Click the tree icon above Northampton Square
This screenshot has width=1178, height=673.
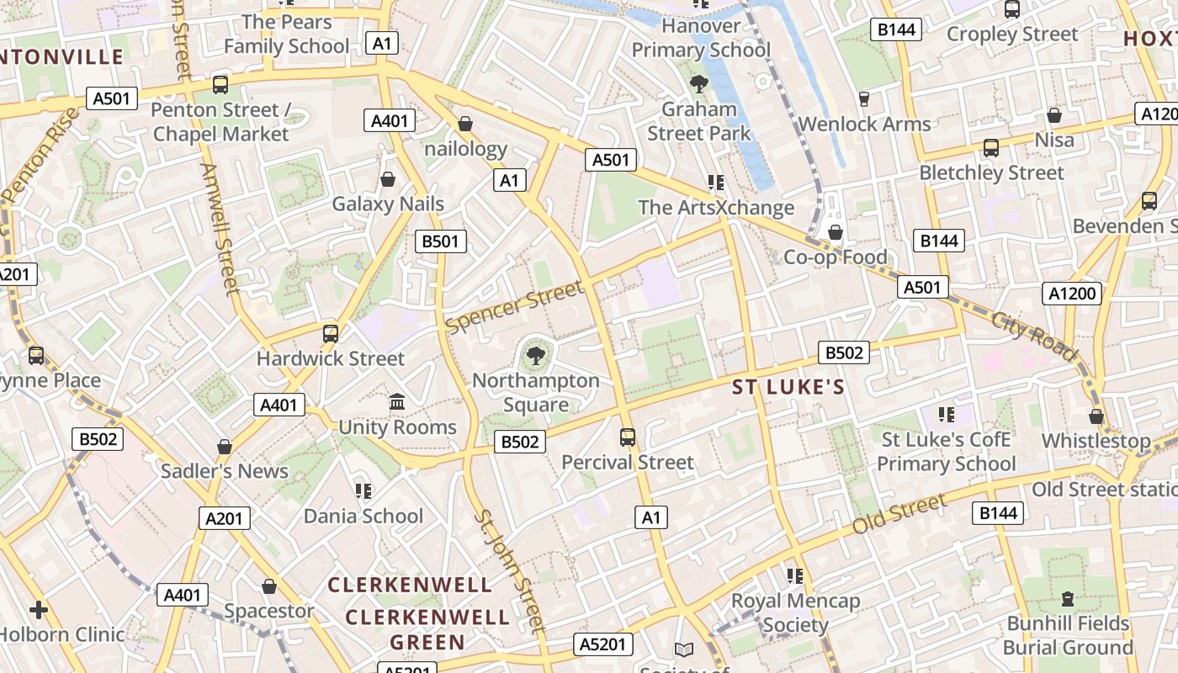[x=535, y=357]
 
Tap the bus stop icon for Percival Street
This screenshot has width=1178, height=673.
[x=628, y=437]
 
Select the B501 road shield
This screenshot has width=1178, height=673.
[x=441, y=241]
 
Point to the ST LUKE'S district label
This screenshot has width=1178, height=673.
[x=788, y=387]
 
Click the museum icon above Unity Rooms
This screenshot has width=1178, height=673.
[x=397, y=402]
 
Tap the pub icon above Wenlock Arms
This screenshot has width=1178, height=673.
[x=863, y=99]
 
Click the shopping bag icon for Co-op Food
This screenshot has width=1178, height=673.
[x=836, y=232]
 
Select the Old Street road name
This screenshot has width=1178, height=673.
[x=899, y=514]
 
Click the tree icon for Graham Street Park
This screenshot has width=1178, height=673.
[x=698, y=83]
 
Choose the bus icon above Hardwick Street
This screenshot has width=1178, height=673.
[x=331, y=333]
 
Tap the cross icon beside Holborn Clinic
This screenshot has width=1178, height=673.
[x=38, y=610]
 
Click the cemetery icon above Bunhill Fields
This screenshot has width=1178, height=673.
[x=1068, y=599]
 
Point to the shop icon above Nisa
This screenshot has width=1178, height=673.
[x=1054, y=115]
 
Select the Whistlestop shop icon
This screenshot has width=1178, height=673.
[x=1096, y=416]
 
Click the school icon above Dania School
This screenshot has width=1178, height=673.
[x=363, y=490]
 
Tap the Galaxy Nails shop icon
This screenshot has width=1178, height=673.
[x=388, y=179]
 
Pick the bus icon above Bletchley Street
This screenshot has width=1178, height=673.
[x=991, y=148]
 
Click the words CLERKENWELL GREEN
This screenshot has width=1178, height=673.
[x=427, y=629]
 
